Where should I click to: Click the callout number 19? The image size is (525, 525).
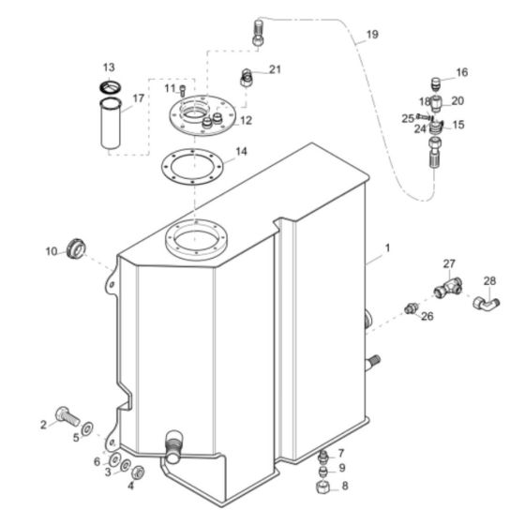click(372, 35)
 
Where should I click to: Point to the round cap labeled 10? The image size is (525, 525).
click(74, 250)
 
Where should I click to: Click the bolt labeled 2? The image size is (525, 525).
click(67, 414)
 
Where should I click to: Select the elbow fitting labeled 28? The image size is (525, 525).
click(486, 302)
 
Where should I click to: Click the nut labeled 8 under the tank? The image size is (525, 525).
click(322, 488)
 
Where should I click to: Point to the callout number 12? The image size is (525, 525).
click(246, 121)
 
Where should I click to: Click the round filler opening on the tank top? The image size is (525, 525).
click(198, 242)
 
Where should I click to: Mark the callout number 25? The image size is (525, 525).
click(409, 118)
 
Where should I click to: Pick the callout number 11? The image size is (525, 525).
click(170, 88)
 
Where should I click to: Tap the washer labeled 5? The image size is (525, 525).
click(87, 429)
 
